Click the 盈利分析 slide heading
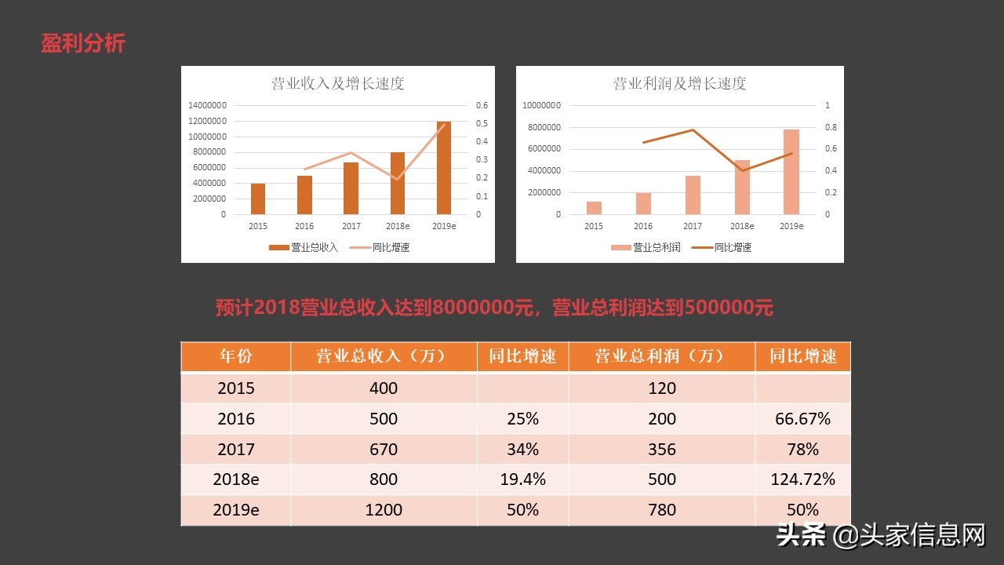82,43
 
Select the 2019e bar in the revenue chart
444,168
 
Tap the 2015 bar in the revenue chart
257,199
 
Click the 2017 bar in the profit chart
693,195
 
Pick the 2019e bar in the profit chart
791,172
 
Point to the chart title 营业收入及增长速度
337,83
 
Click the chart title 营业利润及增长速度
679,83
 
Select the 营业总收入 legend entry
304,247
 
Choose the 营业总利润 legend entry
646,247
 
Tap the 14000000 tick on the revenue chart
208,105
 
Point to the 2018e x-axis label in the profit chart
741,226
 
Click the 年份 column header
236,356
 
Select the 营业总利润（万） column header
662,356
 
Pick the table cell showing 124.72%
802,479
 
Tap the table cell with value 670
384,450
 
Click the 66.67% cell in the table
802,419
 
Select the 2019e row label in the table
236,510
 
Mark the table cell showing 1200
384,510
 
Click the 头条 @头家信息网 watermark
880,536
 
